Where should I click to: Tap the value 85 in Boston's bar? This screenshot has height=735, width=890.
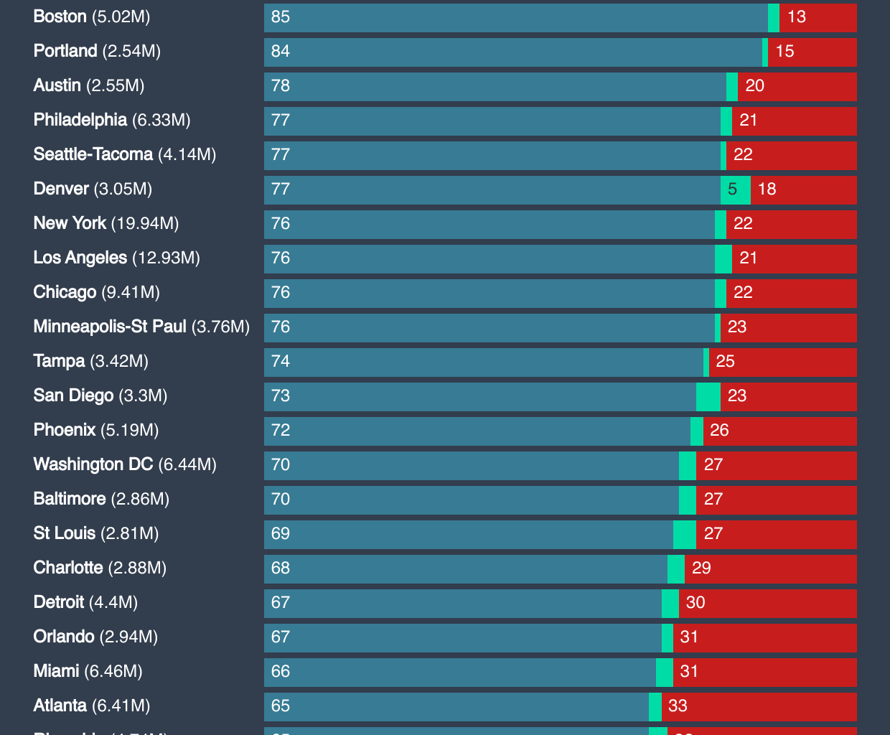coord(281,17)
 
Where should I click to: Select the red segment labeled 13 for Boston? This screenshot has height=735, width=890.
coord(818,17)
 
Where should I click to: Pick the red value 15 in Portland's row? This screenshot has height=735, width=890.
coord(785,51)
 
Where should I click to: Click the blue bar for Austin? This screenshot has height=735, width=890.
coord(495,86)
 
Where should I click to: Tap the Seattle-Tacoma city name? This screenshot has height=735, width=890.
coord(93,154)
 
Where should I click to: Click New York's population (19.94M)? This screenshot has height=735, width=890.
coord(144,223)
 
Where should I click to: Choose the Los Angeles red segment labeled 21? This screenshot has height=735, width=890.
coord(794,258)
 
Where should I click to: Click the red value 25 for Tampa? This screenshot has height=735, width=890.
coord(725,361)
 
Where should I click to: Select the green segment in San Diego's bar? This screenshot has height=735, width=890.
coord(708,396)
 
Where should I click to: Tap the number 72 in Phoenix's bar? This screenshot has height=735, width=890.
coord(281,430)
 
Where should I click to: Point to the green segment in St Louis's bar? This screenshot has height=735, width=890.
coord(684,534)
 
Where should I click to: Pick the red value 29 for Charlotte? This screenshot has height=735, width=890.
coord(701,568)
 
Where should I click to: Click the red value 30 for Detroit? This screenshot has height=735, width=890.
coord(695,602)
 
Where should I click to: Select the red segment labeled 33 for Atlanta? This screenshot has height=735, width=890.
coord(759,706)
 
